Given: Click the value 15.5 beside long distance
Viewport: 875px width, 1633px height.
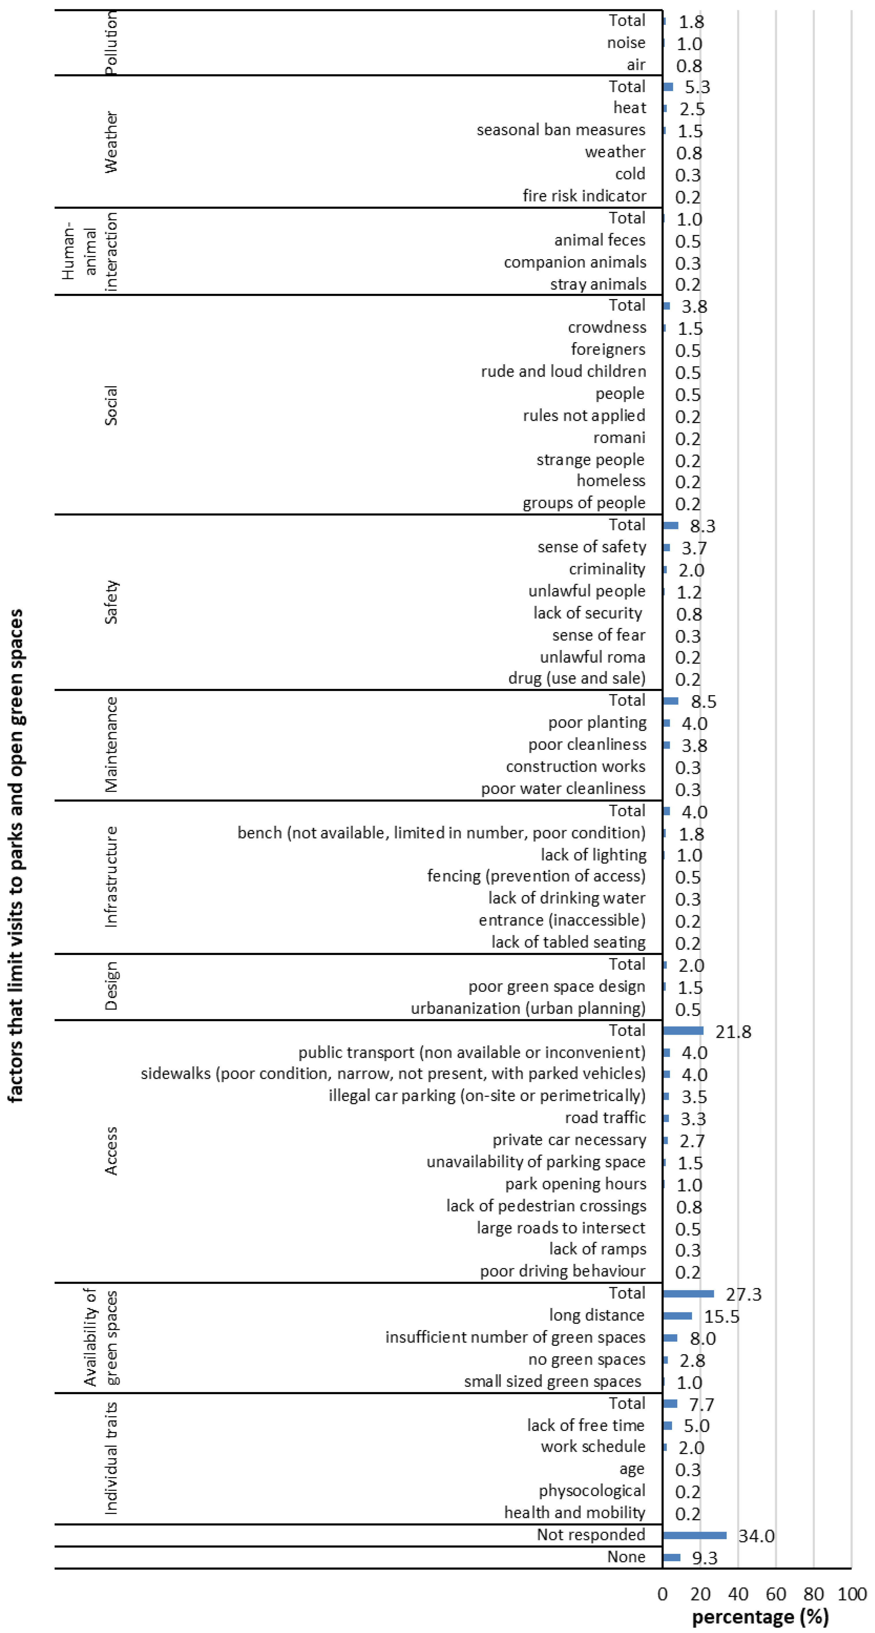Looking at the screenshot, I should (x=721, y=1317).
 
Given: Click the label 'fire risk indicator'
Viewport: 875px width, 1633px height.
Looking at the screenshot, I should (x=584, y=196).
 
